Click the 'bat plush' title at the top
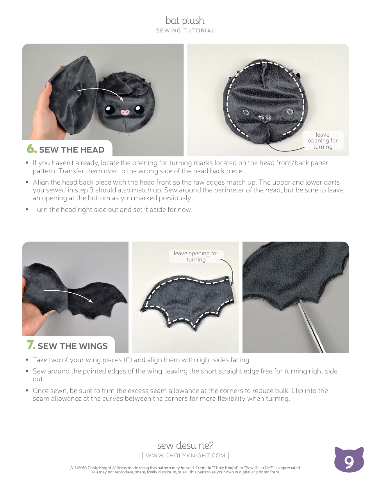(185, 21)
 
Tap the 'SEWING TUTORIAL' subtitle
(185, 31)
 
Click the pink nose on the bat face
(125, 112)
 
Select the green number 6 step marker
(31, 149)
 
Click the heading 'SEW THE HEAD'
(72, 150)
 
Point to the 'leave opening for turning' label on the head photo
(323, 141)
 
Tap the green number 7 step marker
(31, 345)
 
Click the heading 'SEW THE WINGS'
(73, 346)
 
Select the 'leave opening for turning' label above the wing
(196, 256)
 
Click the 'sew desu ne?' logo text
(185, 445)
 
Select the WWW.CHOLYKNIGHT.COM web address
(185, 455)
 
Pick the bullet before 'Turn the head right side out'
(27, 210)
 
